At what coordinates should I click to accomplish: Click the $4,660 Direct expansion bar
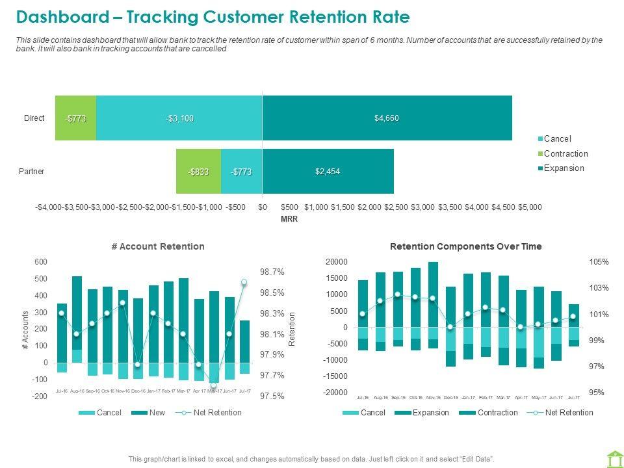(x=387, y=118)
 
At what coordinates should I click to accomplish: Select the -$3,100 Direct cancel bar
(x=179, y=118)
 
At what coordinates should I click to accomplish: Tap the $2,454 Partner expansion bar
(x=328, y=171)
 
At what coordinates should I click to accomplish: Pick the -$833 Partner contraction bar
(x=198, y=172)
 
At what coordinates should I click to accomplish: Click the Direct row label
(x=34, y=118)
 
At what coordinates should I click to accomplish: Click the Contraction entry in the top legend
(x=565, y=153)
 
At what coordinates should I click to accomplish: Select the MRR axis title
(x=289, y=220)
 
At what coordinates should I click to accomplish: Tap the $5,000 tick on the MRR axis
(x=530, y=207)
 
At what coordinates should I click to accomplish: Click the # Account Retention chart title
(x=158, y=246)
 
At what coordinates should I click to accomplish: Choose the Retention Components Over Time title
(x=465, y=246)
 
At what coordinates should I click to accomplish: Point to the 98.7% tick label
(x=272, y=272)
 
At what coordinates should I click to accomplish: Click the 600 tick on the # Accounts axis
(x=41, y=262)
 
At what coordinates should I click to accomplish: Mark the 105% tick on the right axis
(x=599, y=262)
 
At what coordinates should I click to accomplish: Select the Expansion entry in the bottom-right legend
(x=430, y=413)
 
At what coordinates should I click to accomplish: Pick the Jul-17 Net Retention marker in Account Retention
(x=244, y=282)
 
